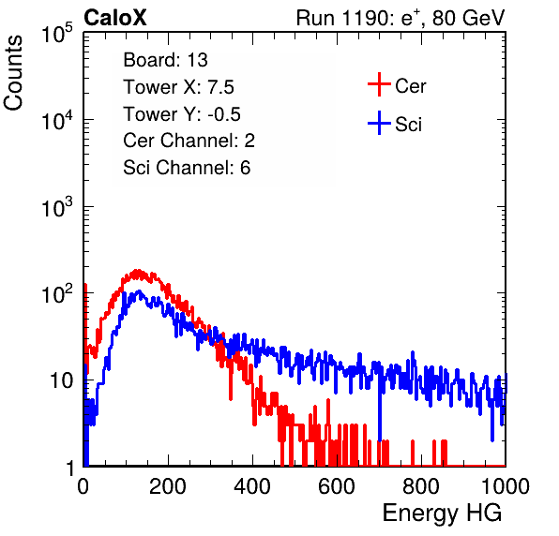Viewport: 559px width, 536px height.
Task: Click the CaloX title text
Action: pos(114,18)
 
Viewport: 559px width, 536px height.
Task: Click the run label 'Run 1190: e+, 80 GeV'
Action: pos(400,18)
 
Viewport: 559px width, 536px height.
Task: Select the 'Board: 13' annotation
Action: pos(165,60)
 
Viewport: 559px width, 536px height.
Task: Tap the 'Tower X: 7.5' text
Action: pos(178,87)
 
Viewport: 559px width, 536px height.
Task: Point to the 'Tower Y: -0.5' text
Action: pos(182,114)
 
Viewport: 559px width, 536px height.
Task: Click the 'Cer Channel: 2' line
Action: pos(189,141)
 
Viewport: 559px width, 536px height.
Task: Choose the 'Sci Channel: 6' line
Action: pos(187,168)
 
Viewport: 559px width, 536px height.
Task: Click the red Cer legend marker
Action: pos(379,84)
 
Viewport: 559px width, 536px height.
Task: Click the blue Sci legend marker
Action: pos(379,124)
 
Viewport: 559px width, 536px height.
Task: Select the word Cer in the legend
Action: pos(410,86)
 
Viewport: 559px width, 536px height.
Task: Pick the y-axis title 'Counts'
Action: pos(13,72)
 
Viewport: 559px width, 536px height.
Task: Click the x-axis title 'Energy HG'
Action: pos(442,514)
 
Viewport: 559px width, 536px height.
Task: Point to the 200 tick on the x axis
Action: pos(168,486)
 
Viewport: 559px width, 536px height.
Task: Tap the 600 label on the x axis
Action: pos(337,486)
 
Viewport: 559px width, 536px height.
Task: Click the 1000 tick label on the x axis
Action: pos(506,486)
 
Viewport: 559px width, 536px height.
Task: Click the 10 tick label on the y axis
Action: pos(61,380)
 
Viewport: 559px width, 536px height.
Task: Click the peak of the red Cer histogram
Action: pos(137,271)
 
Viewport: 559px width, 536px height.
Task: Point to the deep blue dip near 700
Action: pos(380,440)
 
